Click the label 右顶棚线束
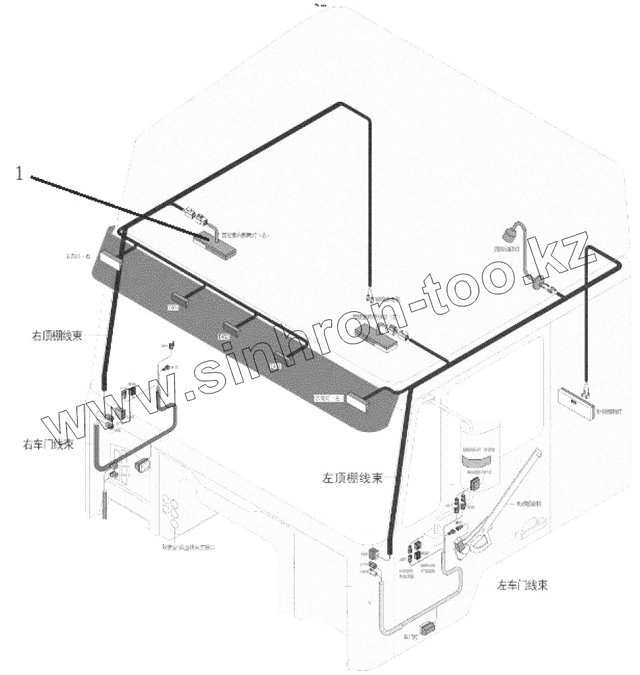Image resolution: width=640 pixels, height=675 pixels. [x=57, y=335]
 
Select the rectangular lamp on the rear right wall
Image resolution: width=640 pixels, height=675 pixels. [x=576, y=404]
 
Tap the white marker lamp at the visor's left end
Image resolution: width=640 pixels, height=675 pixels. [x=109, y=260]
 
